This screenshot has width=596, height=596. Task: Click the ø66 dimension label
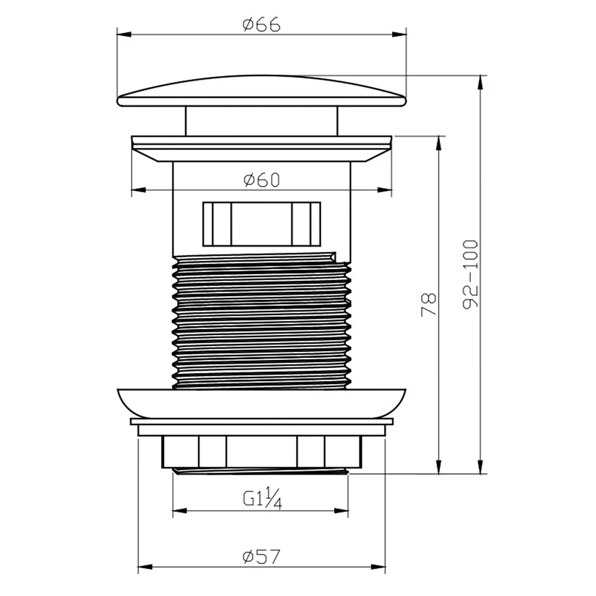pos(262,25)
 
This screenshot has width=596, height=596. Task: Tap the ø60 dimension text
pos(262,180)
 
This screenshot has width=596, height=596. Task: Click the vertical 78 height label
pos(428,304)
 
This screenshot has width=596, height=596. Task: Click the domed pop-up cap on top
pos(262,90)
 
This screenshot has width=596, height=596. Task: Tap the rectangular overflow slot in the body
pos(262,224)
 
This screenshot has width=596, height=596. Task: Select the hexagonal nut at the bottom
pos(262,452)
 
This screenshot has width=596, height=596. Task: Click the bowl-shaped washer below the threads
pos(262,403)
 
